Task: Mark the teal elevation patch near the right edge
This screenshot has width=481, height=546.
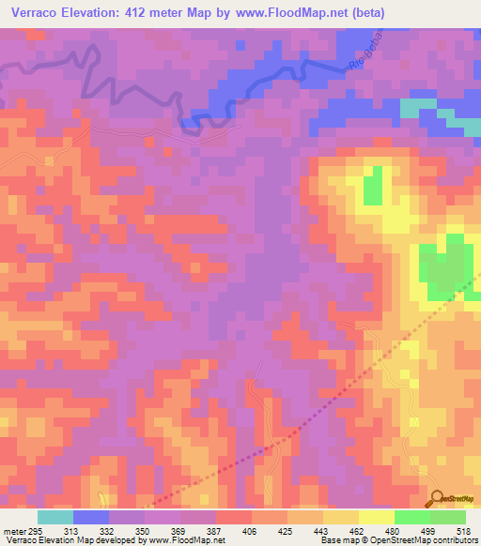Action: point(417,107)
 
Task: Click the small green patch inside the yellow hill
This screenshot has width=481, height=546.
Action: point(373,185)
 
